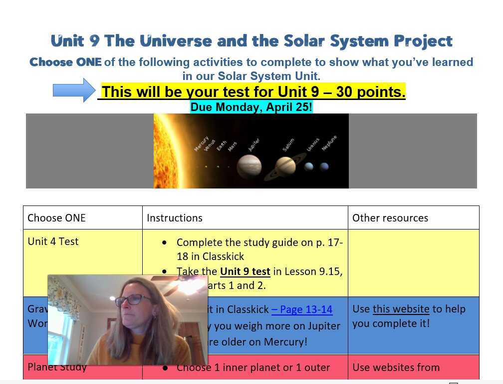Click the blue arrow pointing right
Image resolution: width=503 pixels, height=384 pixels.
pos(74,90)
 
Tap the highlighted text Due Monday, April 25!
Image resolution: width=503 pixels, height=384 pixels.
pos(251,107)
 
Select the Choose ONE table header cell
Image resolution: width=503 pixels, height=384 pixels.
pos(56,218)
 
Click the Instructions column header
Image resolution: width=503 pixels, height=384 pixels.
pos(175,218)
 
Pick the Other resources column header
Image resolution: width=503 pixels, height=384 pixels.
pos(390,218)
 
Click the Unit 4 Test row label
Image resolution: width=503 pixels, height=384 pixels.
pos(53,241)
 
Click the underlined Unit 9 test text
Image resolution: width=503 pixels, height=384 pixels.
pos(245,271)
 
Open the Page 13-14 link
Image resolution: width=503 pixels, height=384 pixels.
pos(302,309)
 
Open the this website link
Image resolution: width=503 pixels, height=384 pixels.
pos(401,309)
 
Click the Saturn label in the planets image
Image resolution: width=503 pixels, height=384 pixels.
pos(288,145)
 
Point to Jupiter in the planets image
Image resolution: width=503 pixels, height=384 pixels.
pos(249,166)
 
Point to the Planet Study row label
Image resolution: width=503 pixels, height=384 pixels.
pos(57,367)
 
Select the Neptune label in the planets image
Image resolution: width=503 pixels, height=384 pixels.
pos(329,143)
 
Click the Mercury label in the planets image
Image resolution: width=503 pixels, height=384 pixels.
pos(201,143)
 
